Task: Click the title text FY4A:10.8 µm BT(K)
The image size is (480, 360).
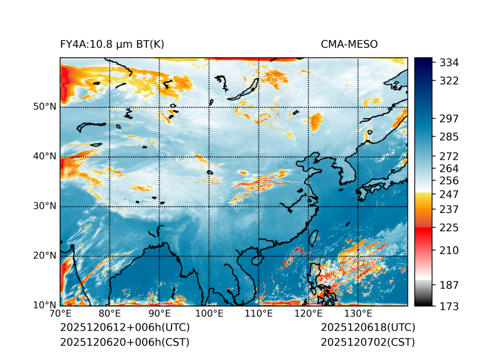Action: click(x=112, y=44)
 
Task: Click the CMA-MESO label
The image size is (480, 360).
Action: click(x=349, y=44)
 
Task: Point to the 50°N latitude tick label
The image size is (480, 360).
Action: click(x=45, y=107)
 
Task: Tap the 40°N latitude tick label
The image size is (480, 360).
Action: click(x=45, y=156)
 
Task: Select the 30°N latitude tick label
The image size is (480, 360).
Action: click(x=45, y=206)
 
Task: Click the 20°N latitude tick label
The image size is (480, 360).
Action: click(x=45, y=256)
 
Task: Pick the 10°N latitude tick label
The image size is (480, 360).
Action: click(x=45, y=305)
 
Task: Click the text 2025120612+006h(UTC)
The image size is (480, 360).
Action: click(x=124, y=328)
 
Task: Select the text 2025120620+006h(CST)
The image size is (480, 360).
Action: click(x=124, y=342)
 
